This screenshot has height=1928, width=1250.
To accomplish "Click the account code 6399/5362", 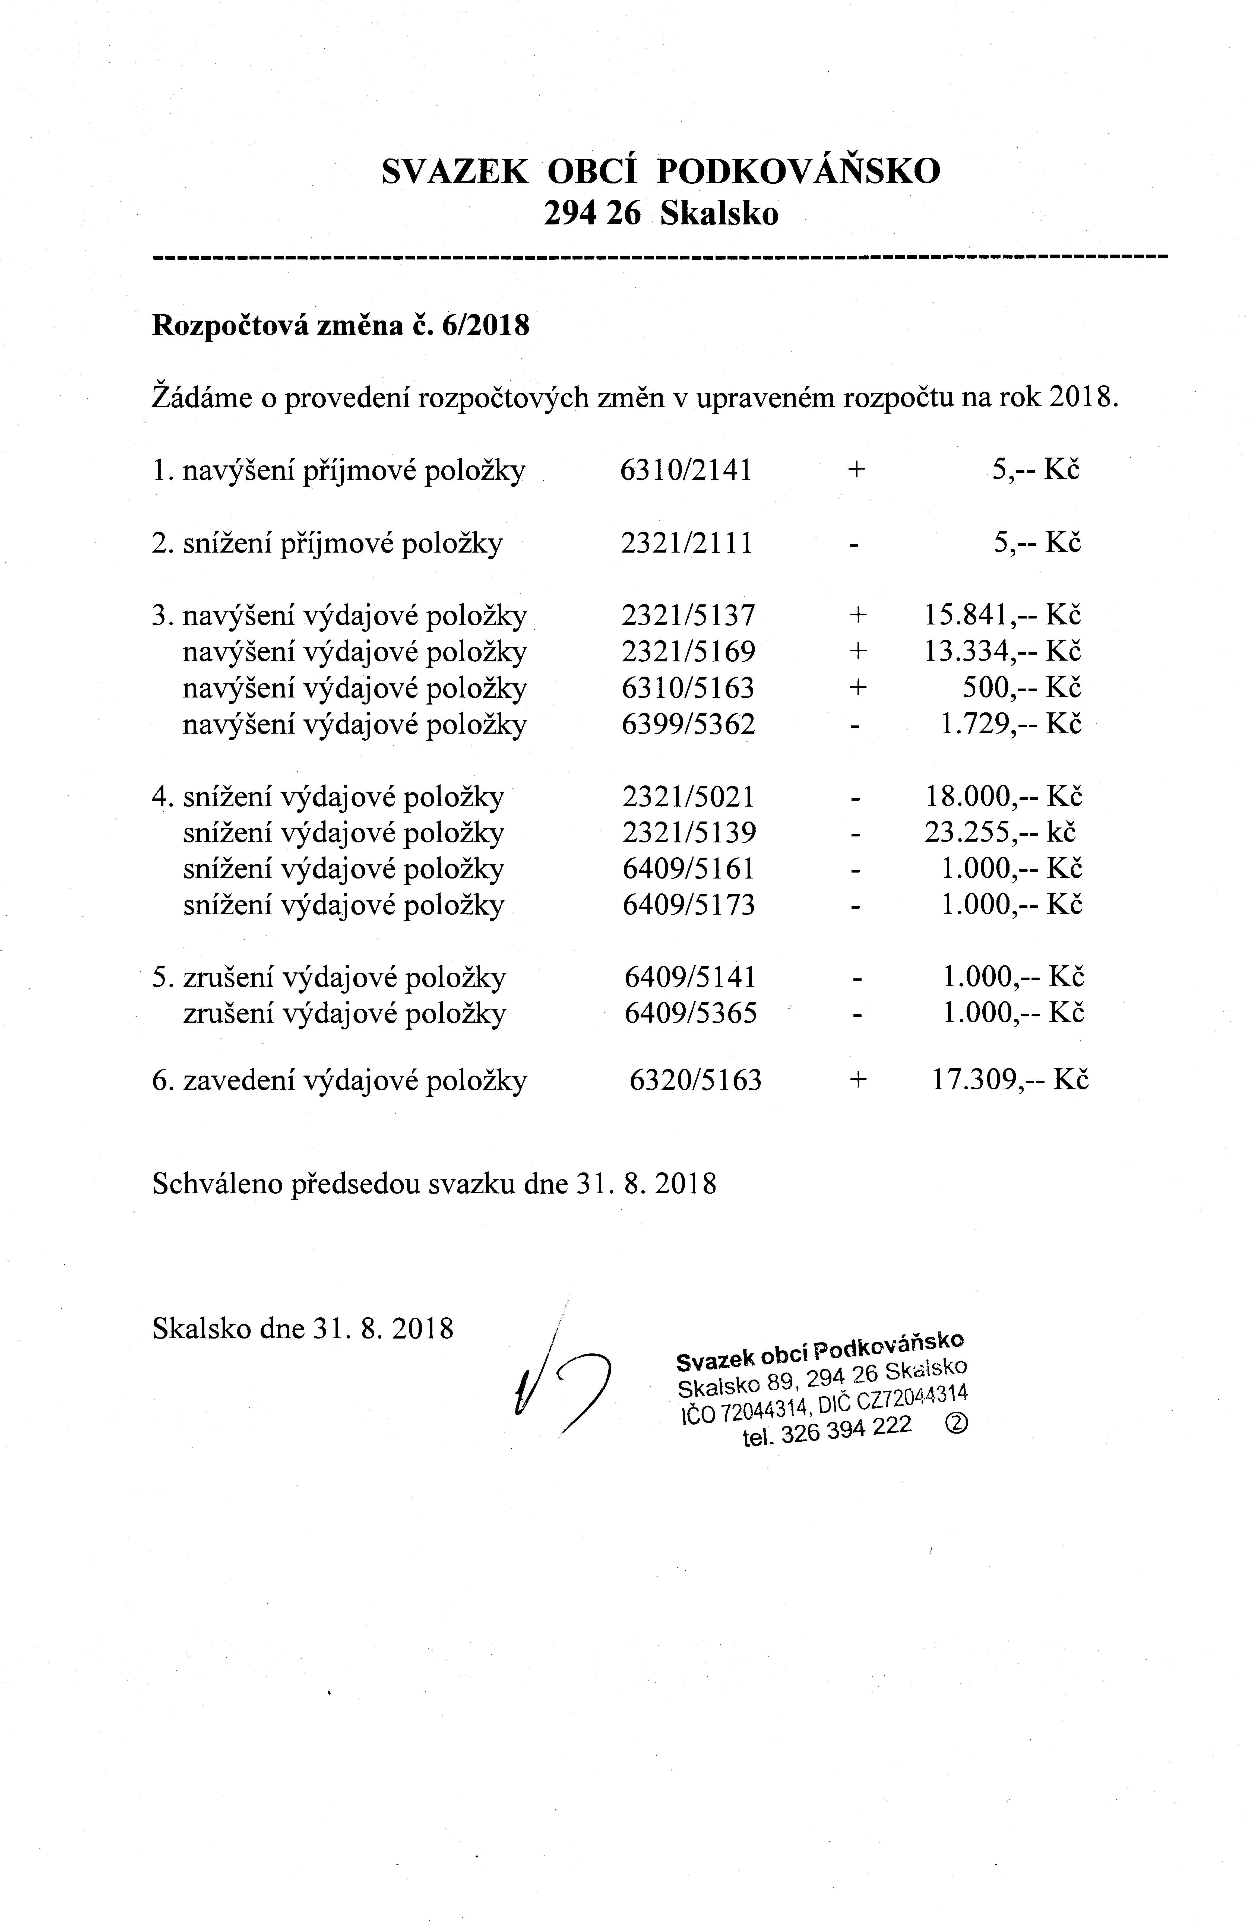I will tap(688, 723).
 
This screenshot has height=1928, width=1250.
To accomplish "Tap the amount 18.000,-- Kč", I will tap(1003, 797).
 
